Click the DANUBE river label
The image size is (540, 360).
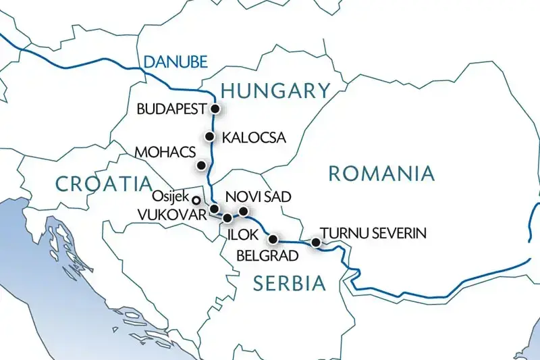point(166,63)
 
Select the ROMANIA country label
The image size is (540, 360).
point(381,174)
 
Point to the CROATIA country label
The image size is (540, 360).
point(103,183)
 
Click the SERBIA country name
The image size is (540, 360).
point(289,284)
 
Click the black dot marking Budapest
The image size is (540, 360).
point(215,109)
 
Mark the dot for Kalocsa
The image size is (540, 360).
point(209,136)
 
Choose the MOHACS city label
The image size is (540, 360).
point(163,151)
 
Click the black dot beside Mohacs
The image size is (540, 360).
point(200,164)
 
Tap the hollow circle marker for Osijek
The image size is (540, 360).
point(196,200)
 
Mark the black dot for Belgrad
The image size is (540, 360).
point(273,239)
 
